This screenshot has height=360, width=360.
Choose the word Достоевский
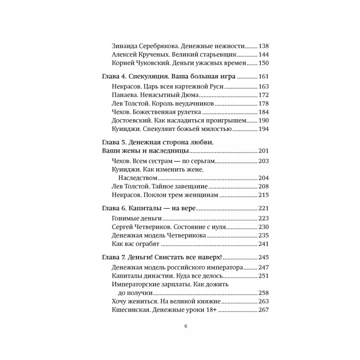(x=131, y=121)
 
